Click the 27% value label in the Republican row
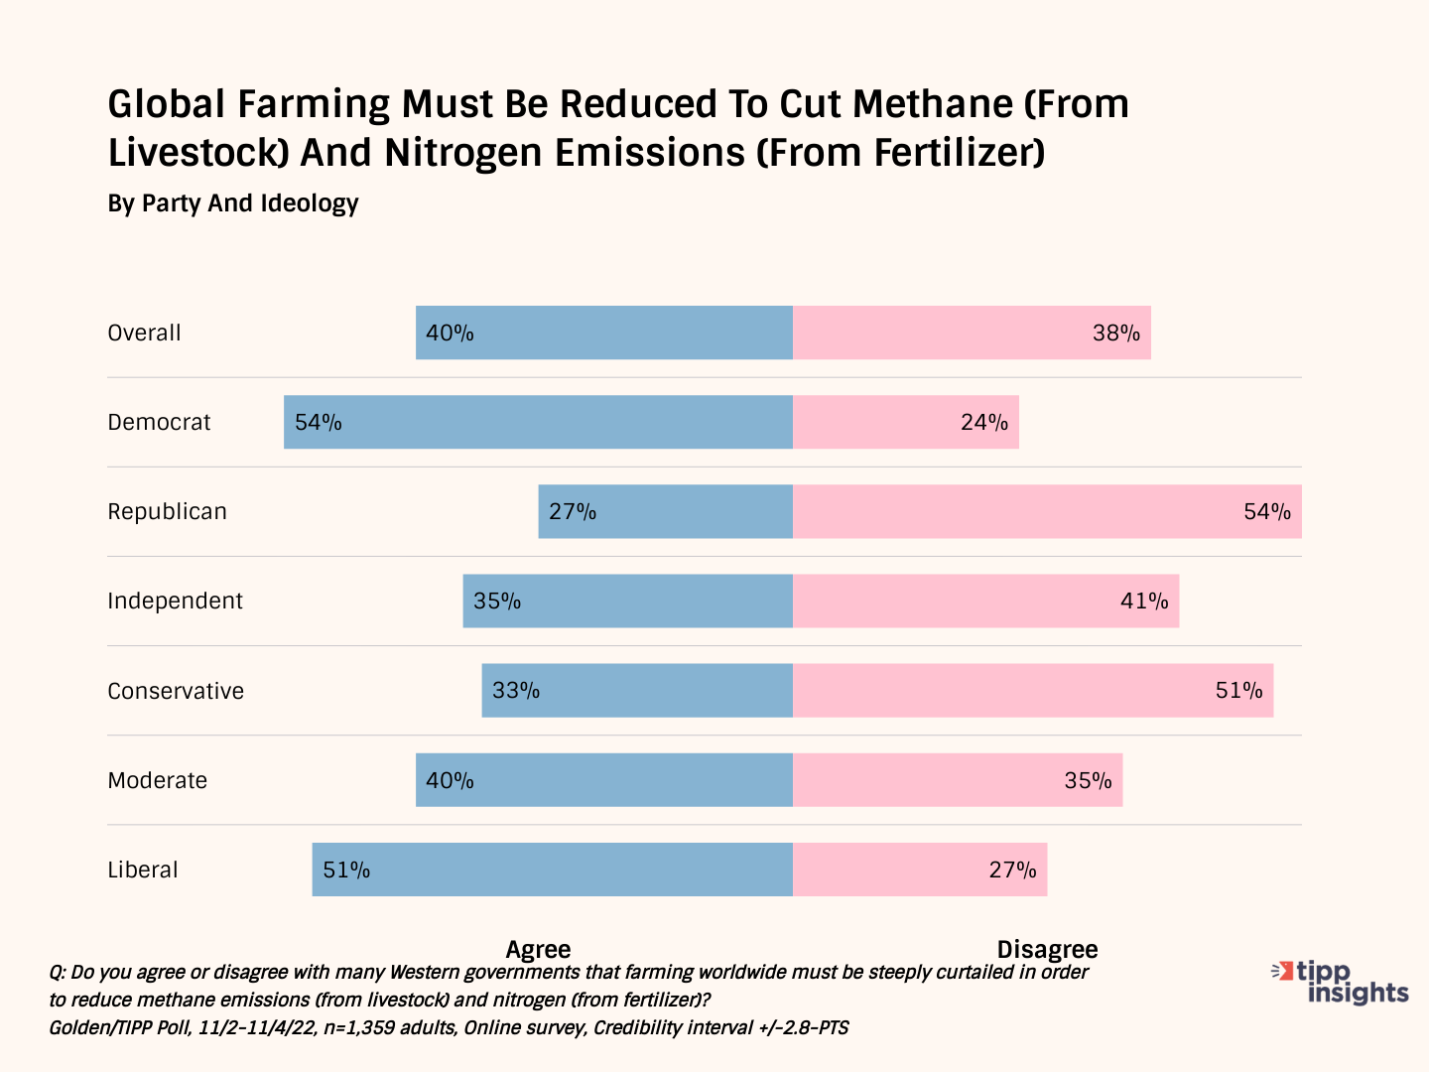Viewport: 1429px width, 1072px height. pyautogui.click(x=573, y=512)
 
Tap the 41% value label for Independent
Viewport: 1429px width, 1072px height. pyautogui.click(x=1144, y=602)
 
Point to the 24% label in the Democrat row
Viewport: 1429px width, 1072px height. pyautogui.click(x=984, y=423)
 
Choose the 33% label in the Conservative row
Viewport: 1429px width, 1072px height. pyautogui.click(x=516, y=691)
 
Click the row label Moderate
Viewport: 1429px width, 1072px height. pyautogui.click(x=157, y=780)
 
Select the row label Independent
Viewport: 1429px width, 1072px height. pyautogui.click(x=175, y=601)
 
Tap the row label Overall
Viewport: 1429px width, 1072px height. pyautogui.click(x=144, y=333)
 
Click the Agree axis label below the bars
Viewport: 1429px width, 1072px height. pyautogui.click(x=538, y=949)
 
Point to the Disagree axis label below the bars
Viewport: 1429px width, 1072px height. pyautogui.click(x=1047, y=949)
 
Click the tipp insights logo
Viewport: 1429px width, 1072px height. pyautogui.click(x=1342, y=982)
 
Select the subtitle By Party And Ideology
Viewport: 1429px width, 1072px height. pyautogui.click(x=233, y=203)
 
